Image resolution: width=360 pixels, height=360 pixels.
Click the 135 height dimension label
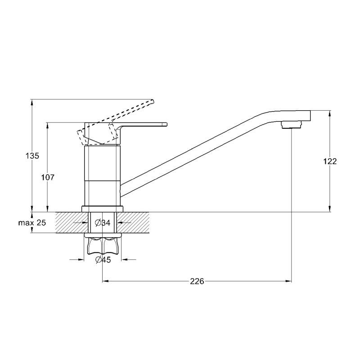(x=32, y=156)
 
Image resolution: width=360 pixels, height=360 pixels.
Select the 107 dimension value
(x=48, y=177)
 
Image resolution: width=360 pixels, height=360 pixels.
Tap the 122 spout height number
(x=330, y=162)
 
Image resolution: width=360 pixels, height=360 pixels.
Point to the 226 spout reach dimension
(x=197, y=281)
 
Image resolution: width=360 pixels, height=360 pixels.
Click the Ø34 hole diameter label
(x=103, y=222)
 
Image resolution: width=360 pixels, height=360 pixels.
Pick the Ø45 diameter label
(x=103, y=260)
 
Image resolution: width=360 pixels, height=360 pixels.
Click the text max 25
(x=32, y=222)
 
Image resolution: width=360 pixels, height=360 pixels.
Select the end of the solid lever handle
(x=166, y=125)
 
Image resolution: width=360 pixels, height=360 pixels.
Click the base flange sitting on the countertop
(x=103, y=209)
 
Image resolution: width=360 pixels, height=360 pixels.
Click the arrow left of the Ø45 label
(x=76, y=260)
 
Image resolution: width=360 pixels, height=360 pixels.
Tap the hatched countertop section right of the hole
(x=133, y=222)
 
